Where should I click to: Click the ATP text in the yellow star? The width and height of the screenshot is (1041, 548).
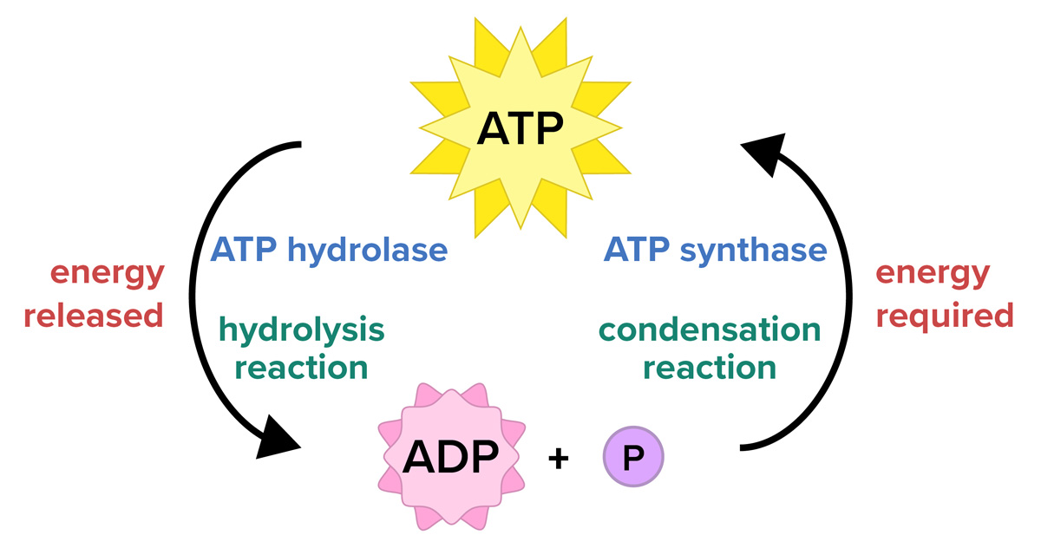[520, 131]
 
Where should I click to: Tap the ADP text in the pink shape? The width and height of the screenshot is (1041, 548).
[450, 457]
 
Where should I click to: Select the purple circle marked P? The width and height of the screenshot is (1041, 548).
[632, 457]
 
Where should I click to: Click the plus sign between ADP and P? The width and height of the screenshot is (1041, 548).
[559, 459]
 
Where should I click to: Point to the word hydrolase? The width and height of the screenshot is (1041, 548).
[367, 251]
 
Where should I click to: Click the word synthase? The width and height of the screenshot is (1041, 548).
[753, 251]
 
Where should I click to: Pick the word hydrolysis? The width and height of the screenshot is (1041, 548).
[302, 330]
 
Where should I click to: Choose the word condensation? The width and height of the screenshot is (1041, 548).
[709, 330]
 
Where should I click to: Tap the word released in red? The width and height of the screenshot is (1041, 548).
[94, 315]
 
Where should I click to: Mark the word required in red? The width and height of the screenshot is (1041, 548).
[944, 315]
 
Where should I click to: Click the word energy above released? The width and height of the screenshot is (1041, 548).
[108, 274]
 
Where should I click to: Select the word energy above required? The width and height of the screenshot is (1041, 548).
[932, 274]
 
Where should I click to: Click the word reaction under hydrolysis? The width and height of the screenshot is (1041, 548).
[302, 368]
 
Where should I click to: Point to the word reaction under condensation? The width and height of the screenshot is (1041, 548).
[709, 368]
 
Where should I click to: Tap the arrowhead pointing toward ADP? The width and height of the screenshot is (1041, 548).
[278, 440]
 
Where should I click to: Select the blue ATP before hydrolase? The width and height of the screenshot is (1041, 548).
[244, 251]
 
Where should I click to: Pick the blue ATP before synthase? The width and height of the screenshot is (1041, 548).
[637, 251]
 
